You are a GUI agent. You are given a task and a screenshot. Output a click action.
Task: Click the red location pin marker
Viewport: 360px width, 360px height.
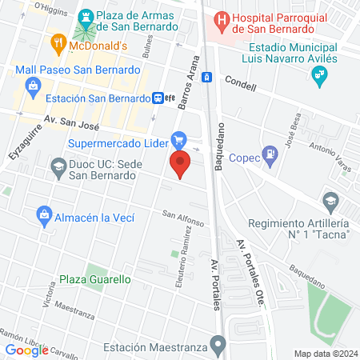180,166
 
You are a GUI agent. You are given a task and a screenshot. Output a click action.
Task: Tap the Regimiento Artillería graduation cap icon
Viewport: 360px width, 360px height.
330,202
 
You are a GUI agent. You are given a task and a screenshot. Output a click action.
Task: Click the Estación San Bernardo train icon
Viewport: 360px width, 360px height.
160,98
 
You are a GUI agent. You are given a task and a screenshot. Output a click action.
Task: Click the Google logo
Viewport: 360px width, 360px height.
27,350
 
